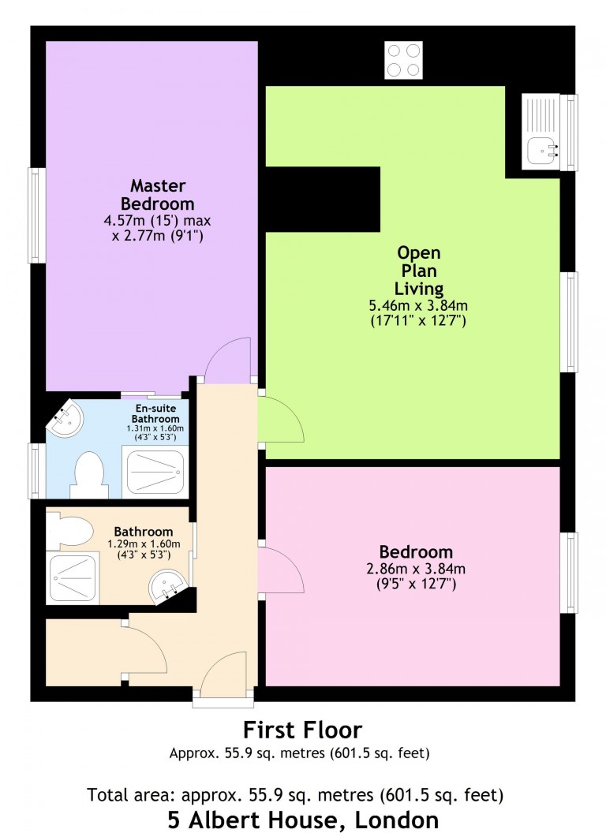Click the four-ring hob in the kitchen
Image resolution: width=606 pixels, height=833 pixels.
402,60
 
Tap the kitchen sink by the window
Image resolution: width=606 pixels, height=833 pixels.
542,133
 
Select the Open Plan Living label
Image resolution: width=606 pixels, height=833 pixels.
419,271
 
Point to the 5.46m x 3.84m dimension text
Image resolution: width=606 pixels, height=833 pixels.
419,305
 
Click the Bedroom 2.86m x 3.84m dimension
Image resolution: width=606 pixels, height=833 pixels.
416,568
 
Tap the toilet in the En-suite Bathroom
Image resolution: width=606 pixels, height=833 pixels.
87,475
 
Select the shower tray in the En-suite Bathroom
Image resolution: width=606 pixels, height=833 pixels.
156,473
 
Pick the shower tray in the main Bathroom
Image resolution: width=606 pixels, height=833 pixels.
73,578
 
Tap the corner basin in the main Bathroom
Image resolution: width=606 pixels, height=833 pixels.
167,586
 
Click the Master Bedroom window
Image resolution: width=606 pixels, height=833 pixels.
35,215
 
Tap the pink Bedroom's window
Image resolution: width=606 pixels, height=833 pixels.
568,573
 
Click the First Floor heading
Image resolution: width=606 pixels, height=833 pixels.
302,729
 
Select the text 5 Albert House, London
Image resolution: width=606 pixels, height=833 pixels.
303,819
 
